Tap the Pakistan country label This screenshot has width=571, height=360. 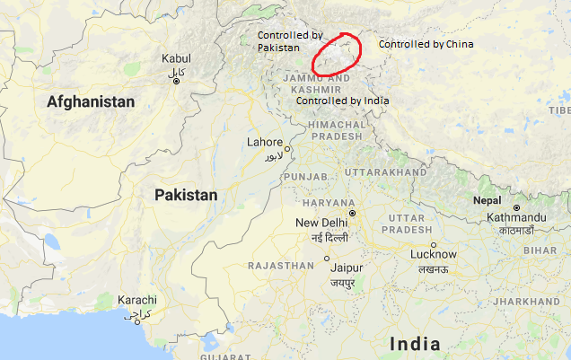pyautogui.click(x=185, y=195)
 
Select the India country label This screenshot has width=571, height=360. pyautogui.click(x=415, y=343)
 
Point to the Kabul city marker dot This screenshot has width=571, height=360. pyautogui.click(x=176, y=82)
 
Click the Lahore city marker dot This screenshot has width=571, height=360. pyautogui.click(x=289, y=148)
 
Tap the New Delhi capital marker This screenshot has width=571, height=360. pyautogui.click(x=353, y=213)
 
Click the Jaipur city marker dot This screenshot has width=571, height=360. pyautogui.click(x=327, y=259)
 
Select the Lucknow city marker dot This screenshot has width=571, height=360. pyautogui.click(x=433, y=244)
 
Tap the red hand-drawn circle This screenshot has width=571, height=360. pyautogui.click(x=337, y=55)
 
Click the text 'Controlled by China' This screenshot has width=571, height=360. pyautogui.click(x=426, y=44)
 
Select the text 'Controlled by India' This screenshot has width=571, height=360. pyautogui.click(x=342, y=101)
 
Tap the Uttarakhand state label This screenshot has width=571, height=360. pyautogui.click(x=385, y=171)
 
